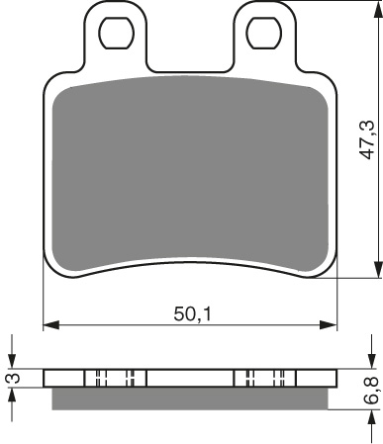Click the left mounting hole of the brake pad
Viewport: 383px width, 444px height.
(x=118, y=33)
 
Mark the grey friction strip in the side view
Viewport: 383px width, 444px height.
(x=189, y=398)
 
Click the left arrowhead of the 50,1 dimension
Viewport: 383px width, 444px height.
(x=50, y=323)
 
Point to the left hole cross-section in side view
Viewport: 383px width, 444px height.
(x=115, y=378)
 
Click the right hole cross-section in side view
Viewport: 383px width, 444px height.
(x=263, y=378)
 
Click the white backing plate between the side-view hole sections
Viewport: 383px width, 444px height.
(x=189, y=378)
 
